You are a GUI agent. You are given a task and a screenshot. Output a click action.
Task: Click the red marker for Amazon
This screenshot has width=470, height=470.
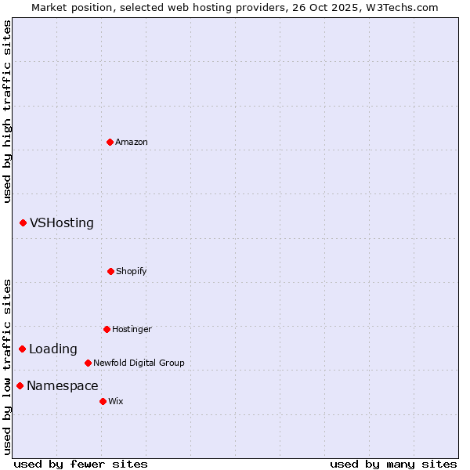point(110,142)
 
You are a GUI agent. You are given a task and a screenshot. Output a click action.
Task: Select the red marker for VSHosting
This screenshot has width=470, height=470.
point(23,223)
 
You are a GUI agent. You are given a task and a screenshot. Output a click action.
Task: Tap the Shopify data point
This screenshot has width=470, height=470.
point(110,271)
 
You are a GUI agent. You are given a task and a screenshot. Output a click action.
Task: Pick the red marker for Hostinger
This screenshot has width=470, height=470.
point(107,329)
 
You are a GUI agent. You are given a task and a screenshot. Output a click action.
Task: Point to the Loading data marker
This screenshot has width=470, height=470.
point(22,349)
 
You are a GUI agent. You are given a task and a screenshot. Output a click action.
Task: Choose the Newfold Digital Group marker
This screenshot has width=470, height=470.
point(88,363)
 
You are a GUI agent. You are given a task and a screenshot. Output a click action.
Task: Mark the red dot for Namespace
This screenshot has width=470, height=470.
point(20,385)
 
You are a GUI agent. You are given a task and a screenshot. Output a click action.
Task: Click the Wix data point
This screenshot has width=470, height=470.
point(103,401)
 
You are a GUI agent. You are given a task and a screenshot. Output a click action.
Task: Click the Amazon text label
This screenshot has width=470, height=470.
point(132,142)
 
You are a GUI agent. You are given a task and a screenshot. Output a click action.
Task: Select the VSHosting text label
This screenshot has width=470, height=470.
point(62,223)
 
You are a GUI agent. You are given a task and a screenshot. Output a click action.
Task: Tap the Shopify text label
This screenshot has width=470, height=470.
point(132,271)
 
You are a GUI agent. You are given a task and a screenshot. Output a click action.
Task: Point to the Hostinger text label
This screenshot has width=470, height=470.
point(132,329)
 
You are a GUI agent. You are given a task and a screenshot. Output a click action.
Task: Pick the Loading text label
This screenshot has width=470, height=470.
point(53,349)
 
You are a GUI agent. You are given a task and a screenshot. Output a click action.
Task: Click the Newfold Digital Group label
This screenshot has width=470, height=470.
point(139,363)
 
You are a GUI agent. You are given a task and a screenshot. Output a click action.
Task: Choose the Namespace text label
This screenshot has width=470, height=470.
point(63,385)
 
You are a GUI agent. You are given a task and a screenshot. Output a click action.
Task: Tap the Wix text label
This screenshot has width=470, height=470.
point(116,401)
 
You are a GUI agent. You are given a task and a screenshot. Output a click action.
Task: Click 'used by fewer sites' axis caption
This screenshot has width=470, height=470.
point(81,464)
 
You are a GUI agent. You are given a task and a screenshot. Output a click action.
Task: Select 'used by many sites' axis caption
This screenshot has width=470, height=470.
point(393,464)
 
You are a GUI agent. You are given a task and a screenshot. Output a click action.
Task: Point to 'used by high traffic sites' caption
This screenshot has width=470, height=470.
point(7,111)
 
